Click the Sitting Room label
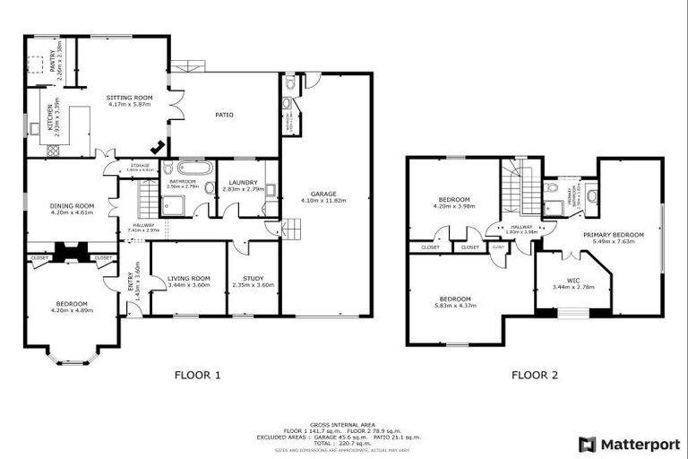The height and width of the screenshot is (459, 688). coord(130,97)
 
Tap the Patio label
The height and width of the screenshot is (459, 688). coord(223,114)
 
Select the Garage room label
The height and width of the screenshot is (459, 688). coord(322,194)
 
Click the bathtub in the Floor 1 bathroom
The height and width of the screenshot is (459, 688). coord(193,168)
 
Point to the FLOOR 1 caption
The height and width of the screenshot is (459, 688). coord(196,376)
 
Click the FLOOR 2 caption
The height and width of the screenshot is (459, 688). coord(535,376)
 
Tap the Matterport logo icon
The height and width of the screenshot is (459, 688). coord(587,444)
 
